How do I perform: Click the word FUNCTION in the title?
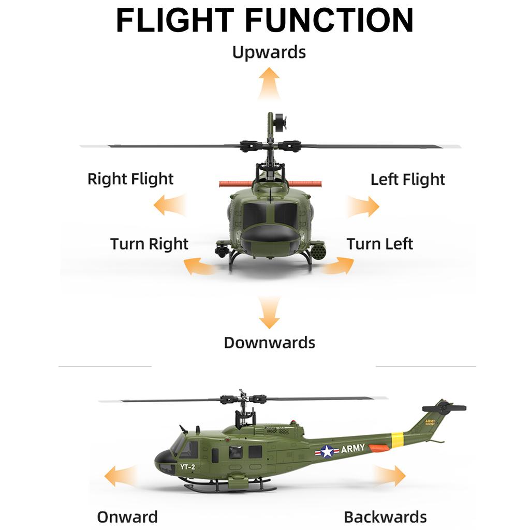(x=330, y=20)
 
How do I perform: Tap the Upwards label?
(x=269, y=52)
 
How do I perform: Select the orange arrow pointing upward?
(x=269, y=83)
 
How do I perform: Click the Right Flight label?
(x=130, y=179)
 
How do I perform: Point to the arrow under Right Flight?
(x=170, y=205)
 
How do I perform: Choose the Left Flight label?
(x=408, y=180)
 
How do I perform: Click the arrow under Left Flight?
(x=363, y=206)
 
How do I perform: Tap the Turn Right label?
(x=149, y=244)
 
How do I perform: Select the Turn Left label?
(x=379, y=244)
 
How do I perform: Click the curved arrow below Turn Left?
(x=338, y=266)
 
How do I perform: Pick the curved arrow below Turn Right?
(x=199, y=266)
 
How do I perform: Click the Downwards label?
(x=269, y=343)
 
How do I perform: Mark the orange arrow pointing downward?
(x=269, y=312)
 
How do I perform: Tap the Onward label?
(x=127, y=517)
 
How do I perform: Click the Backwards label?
(x=385, y=517)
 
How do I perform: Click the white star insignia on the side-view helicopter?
(x=327, y=451)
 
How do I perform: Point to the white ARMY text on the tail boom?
(x=353, y=449)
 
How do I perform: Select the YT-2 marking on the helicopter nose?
(x=187, y=467)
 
